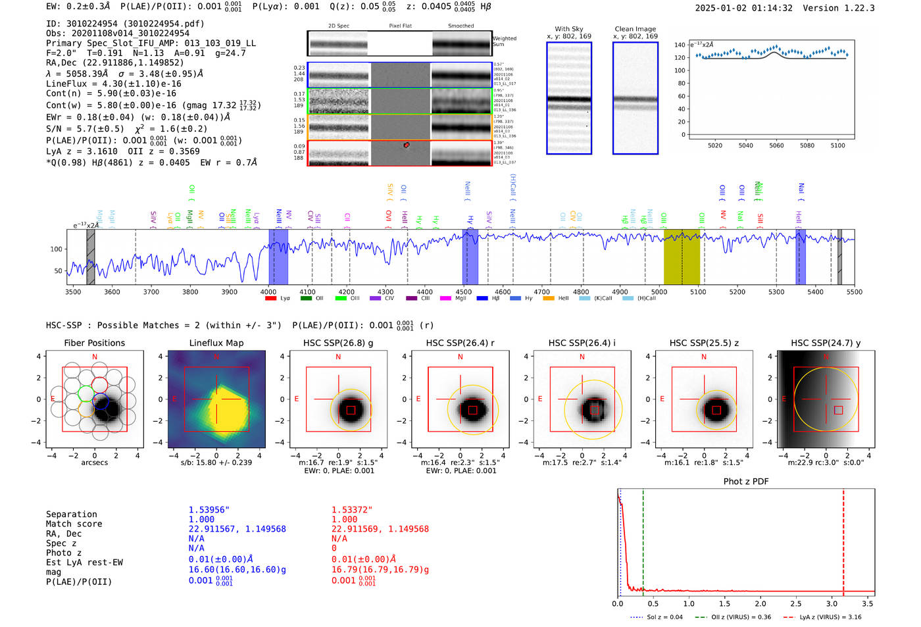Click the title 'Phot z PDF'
coord(746,482)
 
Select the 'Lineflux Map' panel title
coord(216,343)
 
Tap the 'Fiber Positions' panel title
coord(94,343)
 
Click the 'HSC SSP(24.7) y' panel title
coord(826,343)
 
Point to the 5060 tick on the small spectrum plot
coord(776,145)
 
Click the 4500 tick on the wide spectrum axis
coord(464,291)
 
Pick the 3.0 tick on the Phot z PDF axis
coord(832,603)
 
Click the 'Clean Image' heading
coord(635,29)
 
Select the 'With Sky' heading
coord(568,29)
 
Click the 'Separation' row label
coord(71,514)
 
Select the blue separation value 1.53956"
coord(209,510)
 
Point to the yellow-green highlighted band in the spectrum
coord(682,257)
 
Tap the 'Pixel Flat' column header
coord(400,26)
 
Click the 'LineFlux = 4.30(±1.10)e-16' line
coord(113,84)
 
